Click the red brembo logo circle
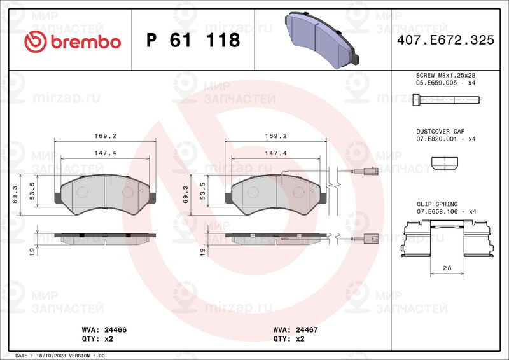(36, 42)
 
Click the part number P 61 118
(193, 40)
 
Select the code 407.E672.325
(445, 40)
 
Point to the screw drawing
(447, 99)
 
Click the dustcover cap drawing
(444, 165)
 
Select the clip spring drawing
(447, 239)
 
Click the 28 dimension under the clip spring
(447, 268)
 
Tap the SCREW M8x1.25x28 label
(445, 75)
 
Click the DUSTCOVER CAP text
(440, 132)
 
